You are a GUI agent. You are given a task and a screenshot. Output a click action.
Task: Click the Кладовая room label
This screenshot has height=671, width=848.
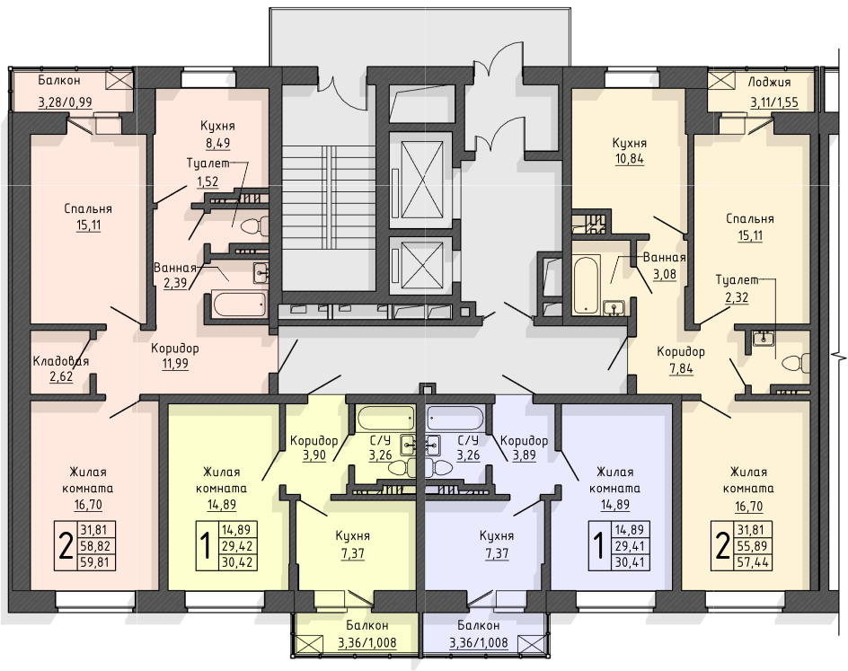click(60, 360)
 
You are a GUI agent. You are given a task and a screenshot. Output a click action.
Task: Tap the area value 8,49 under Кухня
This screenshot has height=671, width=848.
click(216, 143)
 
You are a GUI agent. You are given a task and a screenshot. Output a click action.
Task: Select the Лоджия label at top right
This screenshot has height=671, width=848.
click(769, 83)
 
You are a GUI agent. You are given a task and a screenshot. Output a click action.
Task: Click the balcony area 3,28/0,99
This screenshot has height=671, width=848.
click(65, 102)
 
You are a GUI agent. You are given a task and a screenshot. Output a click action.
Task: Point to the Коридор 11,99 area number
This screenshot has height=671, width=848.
click(175, 363)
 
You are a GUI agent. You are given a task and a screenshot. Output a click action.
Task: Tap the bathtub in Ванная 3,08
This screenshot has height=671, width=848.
click(586, 285)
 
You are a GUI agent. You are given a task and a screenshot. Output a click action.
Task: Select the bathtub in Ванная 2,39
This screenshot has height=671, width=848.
click(240, 305)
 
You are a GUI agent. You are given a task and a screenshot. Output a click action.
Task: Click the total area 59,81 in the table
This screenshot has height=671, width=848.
click(95, 562)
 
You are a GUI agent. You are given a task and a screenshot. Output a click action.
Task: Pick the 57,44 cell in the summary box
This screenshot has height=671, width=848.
click(752, 562)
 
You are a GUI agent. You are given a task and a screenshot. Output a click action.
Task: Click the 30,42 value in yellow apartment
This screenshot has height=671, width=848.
click(237, 563)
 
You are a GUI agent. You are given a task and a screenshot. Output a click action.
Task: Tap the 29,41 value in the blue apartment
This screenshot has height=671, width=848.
click(632, 545)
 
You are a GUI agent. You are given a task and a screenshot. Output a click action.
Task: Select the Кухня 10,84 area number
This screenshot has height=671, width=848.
click(630, 159)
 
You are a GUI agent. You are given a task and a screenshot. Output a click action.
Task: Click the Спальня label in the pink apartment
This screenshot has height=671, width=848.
click(88, 209)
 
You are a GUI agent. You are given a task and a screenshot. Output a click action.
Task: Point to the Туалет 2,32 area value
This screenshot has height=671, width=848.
click(737, 296)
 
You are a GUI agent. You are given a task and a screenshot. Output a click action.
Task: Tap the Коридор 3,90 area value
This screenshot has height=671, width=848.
click(314, 455)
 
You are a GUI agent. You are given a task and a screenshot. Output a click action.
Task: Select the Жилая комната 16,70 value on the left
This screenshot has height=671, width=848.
click(88, 505)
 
